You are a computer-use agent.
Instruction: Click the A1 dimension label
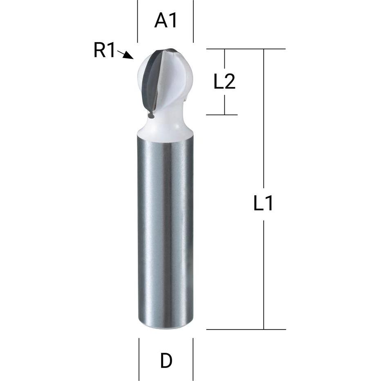point(166,20)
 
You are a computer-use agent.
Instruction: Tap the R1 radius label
point(105,51)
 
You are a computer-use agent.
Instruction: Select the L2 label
point(224,82)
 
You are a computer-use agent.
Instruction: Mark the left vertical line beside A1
point(138,20)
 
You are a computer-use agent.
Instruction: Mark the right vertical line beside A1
point(193,20)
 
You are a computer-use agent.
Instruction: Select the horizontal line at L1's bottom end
point(245,329)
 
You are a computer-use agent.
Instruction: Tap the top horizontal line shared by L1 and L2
point(245,49)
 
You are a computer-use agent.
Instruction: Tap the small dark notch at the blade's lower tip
point(151,116)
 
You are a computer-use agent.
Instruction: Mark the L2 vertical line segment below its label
point(224,104)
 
